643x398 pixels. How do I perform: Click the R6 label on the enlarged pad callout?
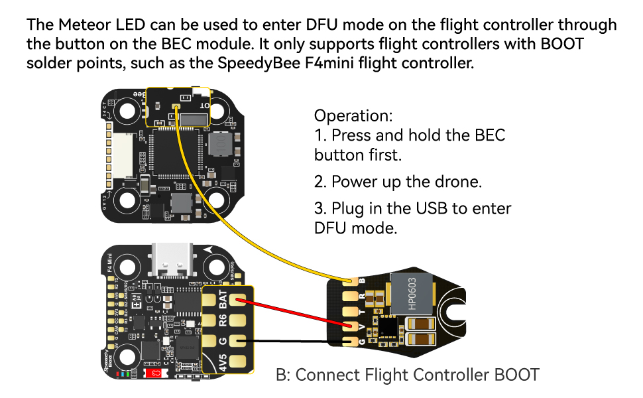(223, 322)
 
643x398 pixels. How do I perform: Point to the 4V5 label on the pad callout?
(223, 362)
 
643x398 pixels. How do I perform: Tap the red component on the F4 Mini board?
(154, 374)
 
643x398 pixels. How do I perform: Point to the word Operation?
(353, 115)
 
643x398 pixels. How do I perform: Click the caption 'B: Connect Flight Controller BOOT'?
(407, 375)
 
